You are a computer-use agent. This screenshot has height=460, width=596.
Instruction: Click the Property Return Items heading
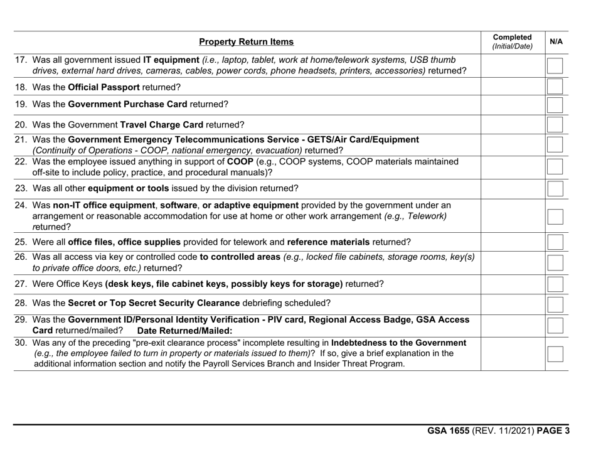(246, 42)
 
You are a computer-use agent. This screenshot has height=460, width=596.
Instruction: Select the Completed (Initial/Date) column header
(512, 41)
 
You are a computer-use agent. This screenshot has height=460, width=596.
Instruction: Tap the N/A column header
(556, 41)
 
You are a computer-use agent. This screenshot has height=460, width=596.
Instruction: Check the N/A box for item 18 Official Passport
(555, 87)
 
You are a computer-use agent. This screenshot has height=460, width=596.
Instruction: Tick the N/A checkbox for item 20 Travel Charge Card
(555, 125)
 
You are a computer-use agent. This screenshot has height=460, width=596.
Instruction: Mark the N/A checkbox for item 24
(555, 217)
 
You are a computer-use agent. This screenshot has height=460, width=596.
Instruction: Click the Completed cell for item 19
(512, 105)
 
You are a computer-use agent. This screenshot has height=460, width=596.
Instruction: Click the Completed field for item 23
(512, 188)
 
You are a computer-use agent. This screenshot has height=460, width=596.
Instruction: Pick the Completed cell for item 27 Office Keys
(512, 284)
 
